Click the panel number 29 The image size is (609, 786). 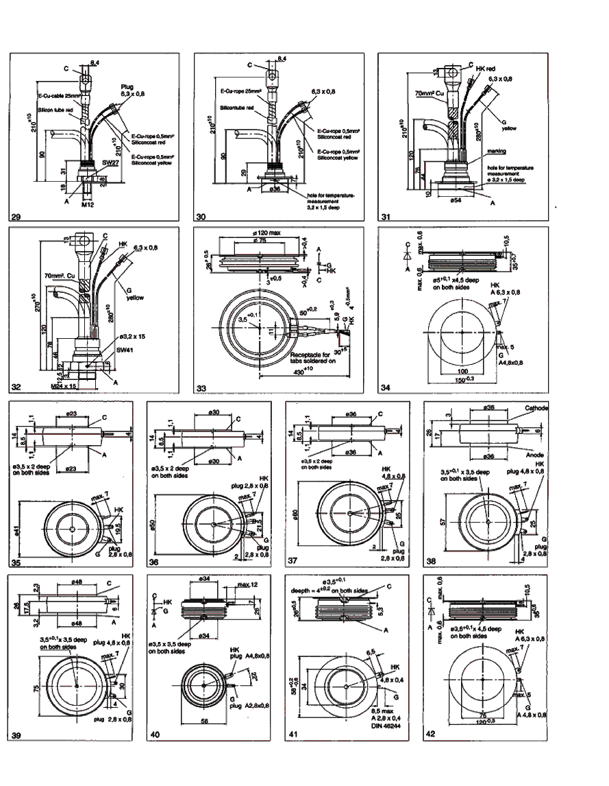coord(16,217)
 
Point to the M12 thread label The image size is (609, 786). coord(87,204)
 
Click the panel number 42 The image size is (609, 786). coord(432,735)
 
